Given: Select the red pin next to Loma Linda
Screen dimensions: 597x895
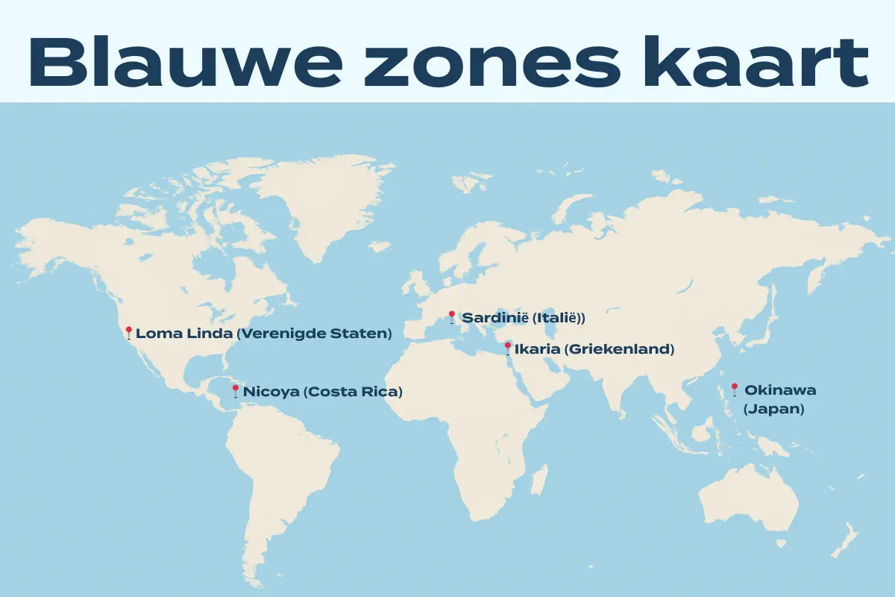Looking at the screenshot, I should click(x=128, y=332).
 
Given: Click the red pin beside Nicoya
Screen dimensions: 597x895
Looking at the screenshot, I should click(x=236, y=390).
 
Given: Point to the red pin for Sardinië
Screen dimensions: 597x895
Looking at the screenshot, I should click(x=451, y=316).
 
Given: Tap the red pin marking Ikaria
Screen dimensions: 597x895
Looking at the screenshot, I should click(x=508, y=348).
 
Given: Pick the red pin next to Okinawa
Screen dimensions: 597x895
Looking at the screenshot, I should click(x=734, y=388).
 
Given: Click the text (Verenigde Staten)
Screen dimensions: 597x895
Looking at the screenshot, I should click(x=314, y=334).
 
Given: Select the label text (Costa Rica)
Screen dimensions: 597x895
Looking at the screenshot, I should click(x=353, y=391).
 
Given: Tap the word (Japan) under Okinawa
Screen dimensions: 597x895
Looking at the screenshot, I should click(x=773, y=409).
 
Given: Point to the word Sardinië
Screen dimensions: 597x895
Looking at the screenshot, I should click(x=495, y=318).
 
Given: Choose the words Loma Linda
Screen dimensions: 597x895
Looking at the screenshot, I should click(x=184, y=334).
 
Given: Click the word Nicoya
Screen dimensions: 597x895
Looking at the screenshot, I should click(x=271, y=391).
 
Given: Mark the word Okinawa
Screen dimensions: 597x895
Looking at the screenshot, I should click(x=780, y=390).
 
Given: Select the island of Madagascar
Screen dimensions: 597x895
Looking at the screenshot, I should click(x=539, y=479).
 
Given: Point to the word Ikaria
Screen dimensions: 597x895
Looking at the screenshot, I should click(x=538, y=349).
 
